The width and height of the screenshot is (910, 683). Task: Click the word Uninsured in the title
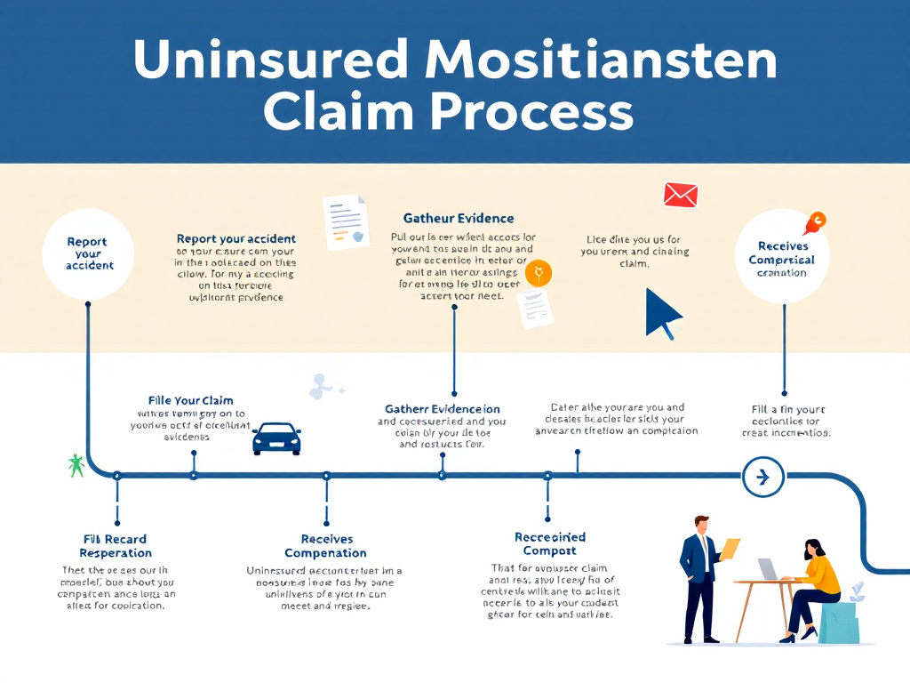tap(269, 60)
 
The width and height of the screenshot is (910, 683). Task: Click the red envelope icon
tap(681, 195)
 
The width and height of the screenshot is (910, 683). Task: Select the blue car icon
tap(276, 438)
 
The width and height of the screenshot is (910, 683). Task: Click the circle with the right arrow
tap(762, 477)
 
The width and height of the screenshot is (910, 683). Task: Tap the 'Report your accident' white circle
tap(88, 253)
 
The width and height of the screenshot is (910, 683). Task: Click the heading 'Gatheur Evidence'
tap(459, 218)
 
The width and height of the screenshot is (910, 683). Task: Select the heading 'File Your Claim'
tap(191, 400)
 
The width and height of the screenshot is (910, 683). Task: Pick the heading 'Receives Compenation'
tap(326, 546)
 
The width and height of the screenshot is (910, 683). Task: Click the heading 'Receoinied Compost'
tap(550, 543)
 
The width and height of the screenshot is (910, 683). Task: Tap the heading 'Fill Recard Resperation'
tap(115, 546)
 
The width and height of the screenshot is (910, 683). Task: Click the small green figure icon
tap(76, 464)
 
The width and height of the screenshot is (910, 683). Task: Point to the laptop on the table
tap(768, 569)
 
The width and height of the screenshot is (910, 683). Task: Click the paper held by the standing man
tap(730, 548)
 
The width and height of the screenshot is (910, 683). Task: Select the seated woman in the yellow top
tap(812, 587)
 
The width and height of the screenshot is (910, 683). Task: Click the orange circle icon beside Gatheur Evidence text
tap(538, 273)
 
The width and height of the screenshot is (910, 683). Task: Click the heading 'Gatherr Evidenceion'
tap(442, 409)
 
